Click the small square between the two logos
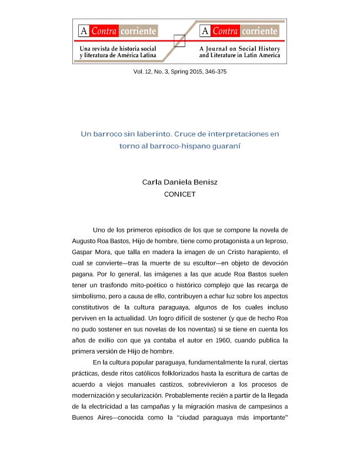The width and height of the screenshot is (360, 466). point(180,41)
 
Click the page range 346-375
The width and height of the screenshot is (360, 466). point(215,71)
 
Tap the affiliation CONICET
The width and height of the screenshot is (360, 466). point(179,193)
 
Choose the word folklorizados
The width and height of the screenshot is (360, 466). point(195,373)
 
